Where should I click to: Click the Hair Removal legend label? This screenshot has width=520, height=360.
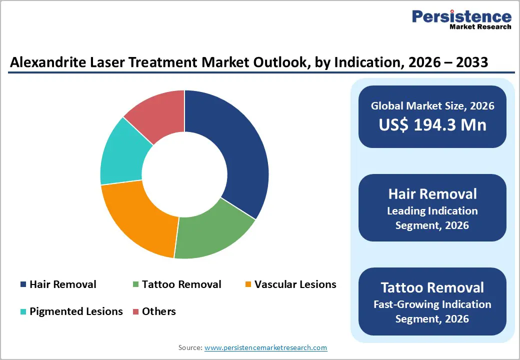click(62, 284)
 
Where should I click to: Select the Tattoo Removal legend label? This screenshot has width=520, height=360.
click(181, 284)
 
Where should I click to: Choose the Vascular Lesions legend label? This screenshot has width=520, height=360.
click(295, 284)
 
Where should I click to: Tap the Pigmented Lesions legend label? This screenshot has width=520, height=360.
click(76, 311)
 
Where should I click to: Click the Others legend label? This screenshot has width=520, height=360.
click(159, 311)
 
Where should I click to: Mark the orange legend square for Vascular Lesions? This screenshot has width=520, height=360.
click(247, 285)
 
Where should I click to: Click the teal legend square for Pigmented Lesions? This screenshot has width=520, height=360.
click(23, 312)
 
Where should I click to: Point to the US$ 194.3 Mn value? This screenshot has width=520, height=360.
click(432, 124)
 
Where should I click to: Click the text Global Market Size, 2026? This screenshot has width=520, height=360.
click(432, 105)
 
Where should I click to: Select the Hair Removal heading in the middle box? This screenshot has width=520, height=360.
click(432, 193)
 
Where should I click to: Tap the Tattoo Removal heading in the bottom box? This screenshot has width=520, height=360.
click(432, 287)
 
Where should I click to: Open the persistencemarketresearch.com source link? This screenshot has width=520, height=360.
click(265, 347)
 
